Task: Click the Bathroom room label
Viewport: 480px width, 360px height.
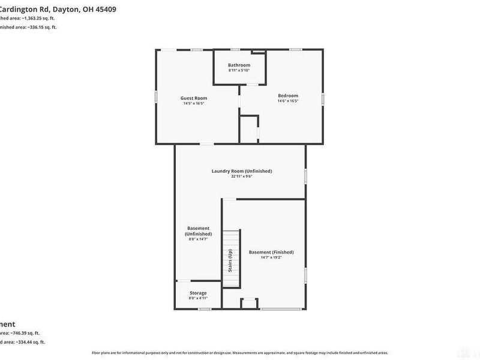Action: pos(239,65)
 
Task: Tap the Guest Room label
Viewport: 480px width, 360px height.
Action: pos(194,98)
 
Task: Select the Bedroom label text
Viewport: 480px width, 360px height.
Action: pos(287,95)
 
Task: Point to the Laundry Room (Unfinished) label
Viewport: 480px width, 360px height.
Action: pos(241,171)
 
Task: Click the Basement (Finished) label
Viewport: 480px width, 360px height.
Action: pos(271,252)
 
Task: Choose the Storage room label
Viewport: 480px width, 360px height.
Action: pos(198,293)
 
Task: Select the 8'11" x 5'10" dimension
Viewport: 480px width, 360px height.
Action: pos(239,70)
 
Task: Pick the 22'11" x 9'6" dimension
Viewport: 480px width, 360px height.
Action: pos(241,176)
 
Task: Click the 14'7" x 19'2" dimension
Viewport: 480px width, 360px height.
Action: pos(271,257)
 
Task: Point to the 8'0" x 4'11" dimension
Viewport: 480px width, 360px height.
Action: pos(198,298)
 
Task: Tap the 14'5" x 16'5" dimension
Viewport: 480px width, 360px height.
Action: pos(194,103)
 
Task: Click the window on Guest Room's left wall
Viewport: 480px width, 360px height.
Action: pos(156,96)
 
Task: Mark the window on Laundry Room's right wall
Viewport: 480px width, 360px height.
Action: pos(306,175)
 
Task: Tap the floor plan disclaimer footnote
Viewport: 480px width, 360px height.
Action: pos(239,353)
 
